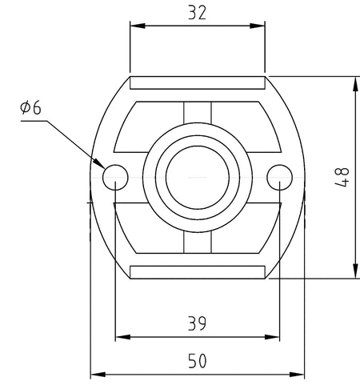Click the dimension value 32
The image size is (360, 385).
pos(197,13)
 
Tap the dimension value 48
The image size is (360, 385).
pos(342,178)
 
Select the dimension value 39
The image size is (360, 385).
pos(197,323)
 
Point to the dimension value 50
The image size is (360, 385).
pos(198,361)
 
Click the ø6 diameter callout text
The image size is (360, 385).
pos(30,108)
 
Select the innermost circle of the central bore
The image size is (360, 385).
pos(198,146)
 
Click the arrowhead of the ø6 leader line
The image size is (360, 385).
pos(98,162)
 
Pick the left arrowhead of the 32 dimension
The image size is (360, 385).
pos(138,26)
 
